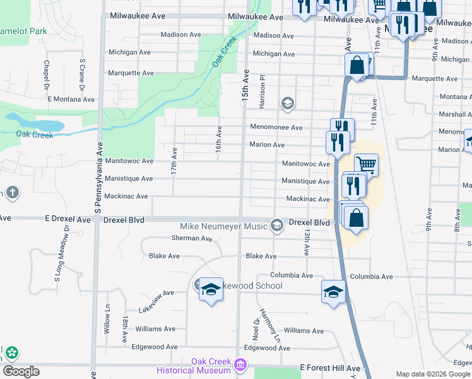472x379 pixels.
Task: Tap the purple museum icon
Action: tap(240, 364)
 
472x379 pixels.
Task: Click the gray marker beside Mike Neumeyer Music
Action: tap(276, 225)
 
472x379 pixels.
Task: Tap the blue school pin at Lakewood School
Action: tap(211, 290)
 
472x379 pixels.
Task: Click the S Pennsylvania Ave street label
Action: tap(99, 177)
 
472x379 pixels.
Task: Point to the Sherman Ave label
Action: tap(192, 238)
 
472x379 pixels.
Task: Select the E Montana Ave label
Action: tap(71, 99)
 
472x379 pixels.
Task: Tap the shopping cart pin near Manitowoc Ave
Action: tap(366, 165)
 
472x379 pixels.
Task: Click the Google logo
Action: tap(21, 371)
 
